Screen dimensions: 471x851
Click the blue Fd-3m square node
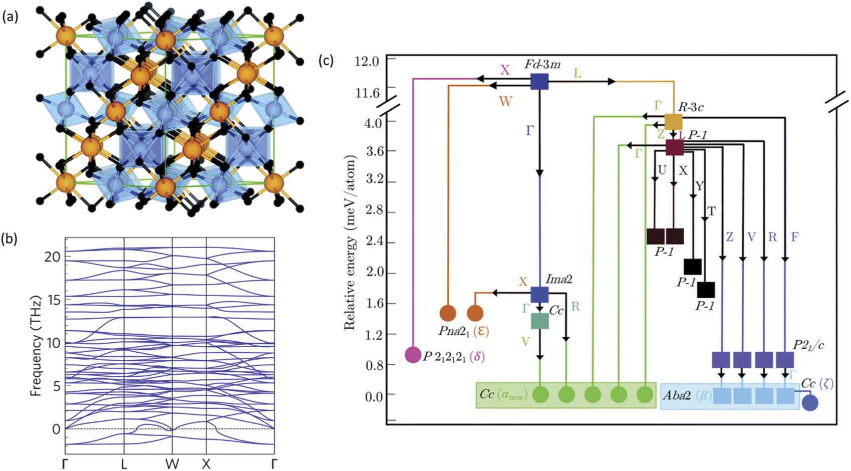coord(539,81)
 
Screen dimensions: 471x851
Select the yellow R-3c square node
coord(673,122)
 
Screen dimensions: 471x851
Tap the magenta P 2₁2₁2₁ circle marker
coord(413,355)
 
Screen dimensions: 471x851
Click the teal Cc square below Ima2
coord(539,321)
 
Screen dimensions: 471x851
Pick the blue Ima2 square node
coord(539,295)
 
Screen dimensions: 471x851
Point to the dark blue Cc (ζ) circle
coord(810,403)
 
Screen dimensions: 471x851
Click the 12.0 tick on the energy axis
coord(367,61)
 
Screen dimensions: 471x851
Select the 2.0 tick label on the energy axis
coord(370,273)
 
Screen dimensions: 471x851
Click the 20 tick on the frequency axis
coord(52,257)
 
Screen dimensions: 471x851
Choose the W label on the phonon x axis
coord(172,464)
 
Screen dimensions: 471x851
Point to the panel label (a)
coord(11,17)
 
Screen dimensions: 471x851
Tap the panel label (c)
coord(327,61)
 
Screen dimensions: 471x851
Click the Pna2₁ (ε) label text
coord(462,331)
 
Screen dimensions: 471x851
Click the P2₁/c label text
coord(808,345)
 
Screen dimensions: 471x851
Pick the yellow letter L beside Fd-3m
coord(578,74)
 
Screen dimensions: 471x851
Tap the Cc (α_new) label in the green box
coord(503,395)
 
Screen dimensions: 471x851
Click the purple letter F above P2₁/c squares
coord(794,237)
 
